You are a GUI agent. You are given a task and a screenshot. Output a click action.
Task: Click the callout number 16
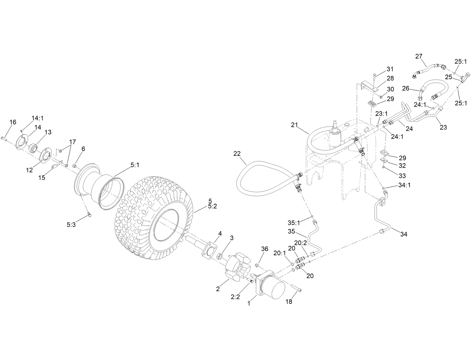pos(13,122)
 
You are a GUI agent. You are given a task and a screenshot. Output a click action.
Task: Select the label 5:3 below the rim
pos(71,225)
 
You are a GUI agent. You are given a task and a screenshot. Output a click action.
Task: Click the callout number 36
pos(264,249)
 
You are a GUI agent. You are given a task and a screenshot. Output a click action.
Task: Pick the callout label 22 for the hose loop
pos(237,153)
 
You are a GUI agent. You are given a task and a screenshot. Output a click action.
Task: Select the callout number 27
pos(419,56)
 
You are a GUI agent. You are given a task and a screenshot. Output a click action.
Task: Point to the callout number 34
pos(404,234)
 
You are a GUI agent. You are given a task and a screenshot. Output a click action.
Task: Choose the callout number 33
pos(402,175)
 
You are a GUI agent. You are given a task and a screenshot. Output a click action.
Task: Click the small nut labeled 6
pos(74,166)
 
